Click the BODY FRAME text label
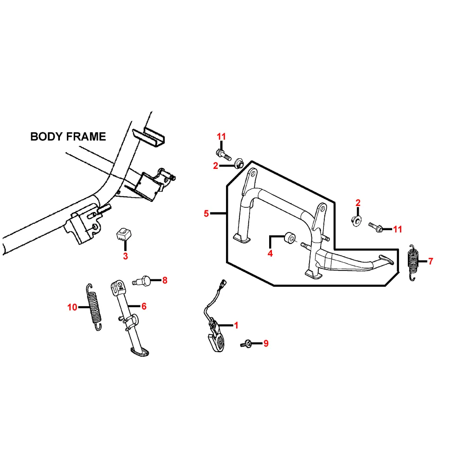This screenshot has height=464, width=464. point(68,136)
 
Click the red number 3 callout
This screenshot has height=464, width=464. point(125,256)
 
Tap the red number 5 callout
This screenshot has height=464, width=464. point(206,213)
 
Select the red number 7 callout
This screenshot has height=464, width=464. point(431,261)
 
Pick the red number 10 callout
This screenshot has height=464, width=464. point(72,307)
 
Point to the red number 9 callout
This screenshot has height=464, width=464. point(266,343)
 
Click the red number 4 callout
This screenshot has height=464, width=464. point(270,253)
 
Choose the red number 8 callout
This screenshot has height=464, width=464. point(165,280)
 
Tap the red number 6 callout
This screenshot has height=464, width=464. point(144,306)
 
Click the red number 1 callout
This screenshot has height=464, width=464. point(236,325)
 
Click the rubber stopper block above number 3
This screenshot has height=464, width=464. point(124,235)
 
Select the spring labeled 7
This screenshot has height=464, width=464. point(413,263)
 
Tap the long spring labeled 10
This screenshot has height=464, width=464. point(94,307)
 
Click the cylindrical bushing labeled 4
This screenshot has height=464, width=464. point(290,238)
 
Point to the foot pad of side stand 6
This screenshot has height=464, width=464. point(140,352)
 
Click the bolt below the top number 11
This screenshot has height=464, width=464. point(224,155)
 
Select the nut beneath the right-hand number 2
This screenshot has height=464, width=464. point(356,221)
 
